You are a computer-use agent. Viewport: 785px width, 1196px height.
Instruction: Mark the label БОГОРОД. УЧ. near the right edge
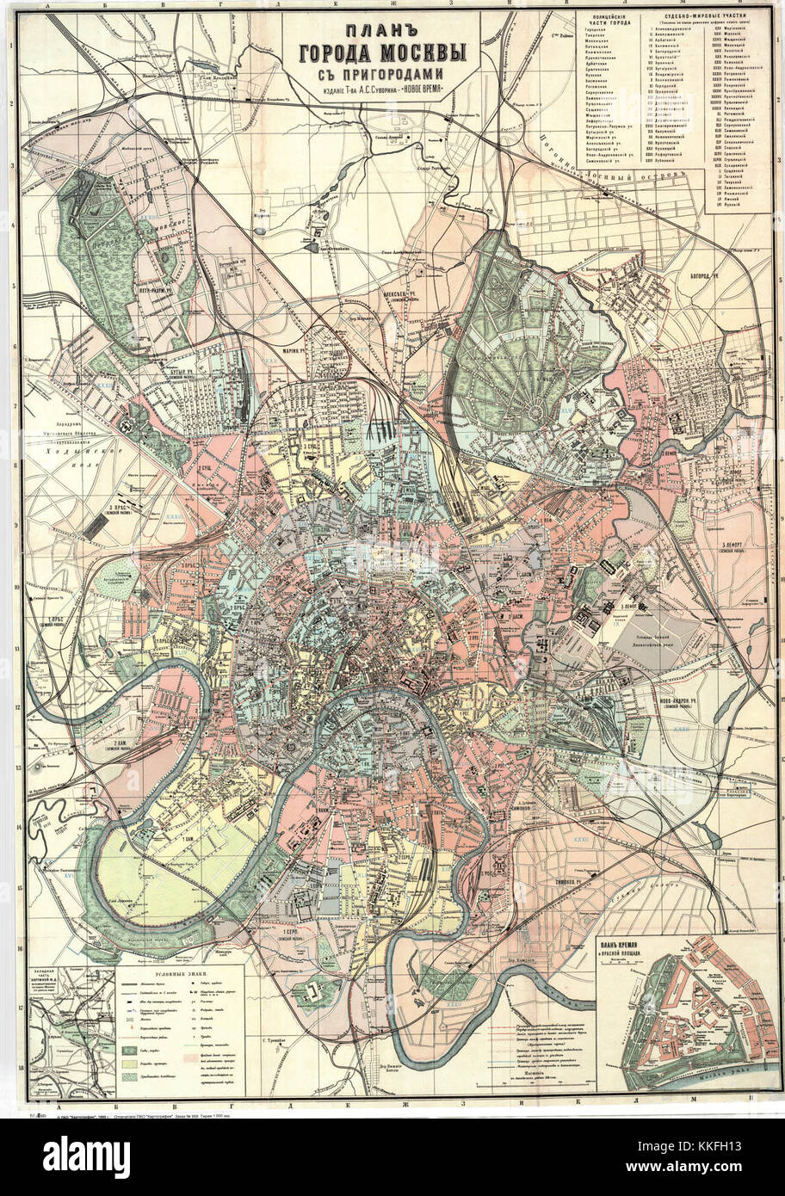pyautogui.click(x=702, y=277)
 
